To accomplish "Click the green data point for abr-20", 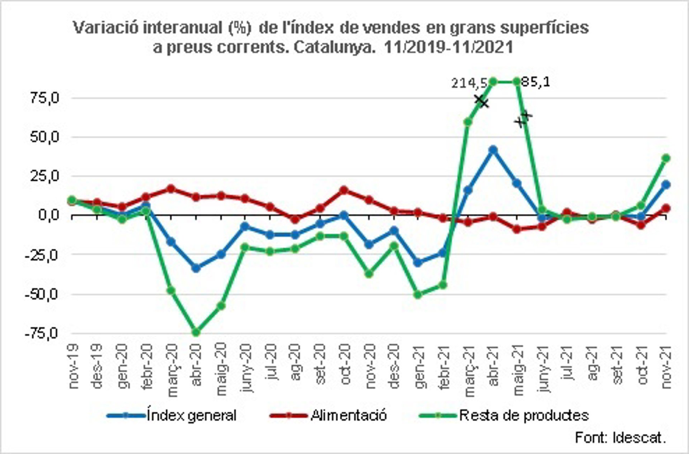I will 196,332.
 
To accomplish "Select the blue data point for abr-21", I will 493,149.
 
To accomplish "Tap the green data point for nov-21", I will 666,158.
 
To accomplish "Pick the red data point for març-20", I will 171,188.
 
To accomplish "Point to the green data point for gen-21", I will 418,295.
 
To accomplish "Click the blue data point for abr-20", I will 196,268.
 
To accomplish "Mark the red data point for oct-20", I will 344,190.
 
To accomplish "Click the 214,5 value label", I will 469,83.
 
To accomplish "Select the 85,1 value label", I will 535,82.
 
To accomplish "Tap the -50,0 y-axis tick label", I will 41,294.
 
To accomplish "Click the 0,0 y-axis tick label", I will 48,215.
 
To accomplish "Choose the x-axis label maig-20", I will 221,369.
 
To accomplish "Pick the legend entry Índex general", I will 191,415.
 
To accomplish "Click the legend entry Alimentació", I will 348,415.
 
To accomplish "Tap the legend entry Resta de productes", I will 524,415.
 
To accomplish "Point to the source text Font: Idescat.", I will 620,438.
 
